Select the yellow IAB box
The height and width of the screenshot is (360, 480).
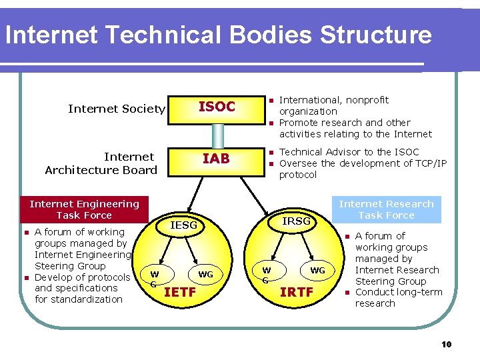pyautogui.click(x=216, y=159)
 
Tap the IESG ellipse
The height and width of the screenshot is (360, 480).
pyautogui.click(x=183, y=226)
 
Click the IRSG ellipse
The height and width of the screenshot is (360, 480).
pyautogui.click(x=296, y=221)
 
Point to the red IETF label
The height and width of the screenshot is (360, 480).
pyautogui.click(x=180, y=291)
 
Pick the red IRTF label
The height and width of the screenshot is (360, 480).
pyautogui.click(x=297, y=291)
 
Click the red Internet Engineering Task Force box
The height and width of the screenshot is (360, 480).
pyautogui.click(x=84, y=209)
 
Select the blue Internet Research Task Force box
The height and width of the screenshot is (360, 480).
pyautogui.click(x=386, y=209)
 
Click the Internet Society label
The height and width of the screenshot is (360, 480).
pyautogui.click(x=117, y=109)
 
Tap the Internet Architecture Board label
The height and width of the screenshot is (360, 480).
pyautogui.click(x=101, y=163)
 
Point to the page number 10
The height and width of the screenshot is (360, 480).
pyautogui.click(x=446, y=344)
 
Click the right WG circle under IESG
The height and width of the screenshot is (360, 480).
pyautogui.click(x=206, y=275)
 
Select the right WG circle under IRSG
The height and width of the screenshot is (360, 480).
pyautogui.click(x=317, y=271)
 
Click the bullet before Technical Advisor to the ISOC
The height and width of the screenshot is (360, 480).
pyautogui.click(x=271, y=153)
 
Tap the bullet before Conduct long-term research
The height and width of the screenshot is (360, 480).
pyautogui.click(x=347, y=293)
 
